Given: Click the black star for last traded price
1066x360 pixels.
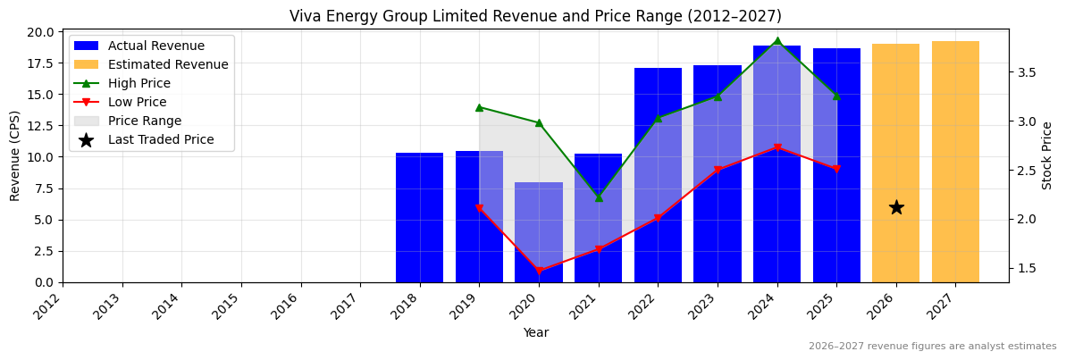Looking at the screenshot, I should tap(895, 207).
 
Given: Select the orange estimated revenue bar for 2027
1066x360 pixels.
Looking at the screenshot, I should tap(955, 161).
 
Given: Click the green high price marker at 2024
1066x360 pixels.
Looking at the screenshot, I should tap(776, 41).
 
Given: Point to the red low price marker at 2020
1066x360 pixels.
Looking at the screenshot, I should tap(539, 271).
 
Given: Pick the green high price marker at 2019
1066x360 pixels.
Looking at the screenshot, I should tap(479, 107).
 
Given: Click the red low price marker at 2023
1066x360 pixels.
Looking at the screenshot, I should tap(718, 170).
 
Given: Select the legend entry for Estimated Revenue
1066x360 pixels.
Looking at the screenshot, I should tap(167, 64).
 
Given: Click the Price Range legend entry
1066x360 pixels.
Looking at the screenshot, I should tap(144, 121).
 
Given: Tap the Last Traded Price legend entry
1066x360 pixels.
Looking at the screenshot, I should tap(161, 139).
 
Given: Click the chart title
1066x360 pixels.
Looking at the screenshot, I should tap(535, 16).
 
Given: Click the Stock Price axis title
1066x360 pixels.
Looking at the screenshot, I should tap(1048, 155).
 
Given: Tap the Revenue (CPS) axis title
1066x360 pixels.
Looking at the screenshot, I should tap(15, 155).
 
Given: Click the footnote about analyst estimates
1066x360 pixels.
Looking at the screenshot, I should tap(932, 347).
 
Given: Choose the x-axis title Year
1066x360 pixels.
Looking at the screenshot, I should tap(535, 332).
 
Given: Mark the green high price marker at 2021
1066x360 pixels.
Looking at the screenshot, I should tap(598, 197).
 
